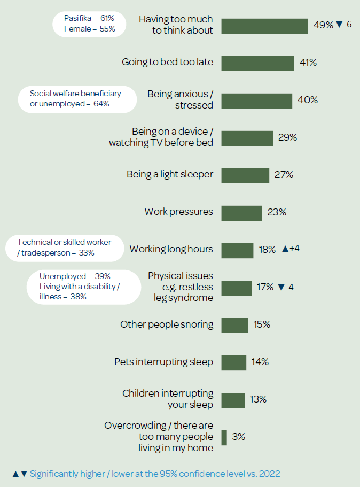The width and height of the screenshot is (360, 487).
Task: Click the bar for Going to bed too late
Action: pos(257,63)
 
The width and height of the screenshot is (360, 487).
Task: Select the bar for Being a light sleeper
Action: pos(245,175)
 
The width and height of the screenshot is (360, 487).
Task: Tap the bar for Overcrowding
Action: pos(224,437)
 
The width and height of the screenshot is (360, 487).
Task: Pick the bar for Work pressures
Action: pos(241,213)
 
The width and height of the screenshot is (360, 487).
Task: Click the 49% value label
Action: pos(323,25)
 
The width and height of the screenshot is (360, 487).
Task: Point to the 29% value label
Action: pos(287,137)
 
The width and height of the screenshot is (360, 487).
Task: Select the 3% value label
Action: pos(239,437)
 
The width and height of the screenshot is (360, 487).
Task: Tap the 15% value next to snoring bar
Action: pos(262,324)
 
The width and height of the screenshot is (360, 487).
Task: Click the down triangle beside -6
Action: pos(339,25)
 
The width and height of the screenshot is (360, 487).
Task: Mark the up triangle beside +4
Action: pos(285,249)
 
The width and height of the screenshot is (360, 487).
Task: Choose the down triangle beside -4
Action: pos(280,288)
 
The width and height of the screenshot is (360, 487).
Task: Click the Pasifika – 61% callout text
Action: pos(89,19)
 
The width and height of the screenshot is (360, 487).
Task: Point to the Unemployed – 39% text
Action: pos(75,276)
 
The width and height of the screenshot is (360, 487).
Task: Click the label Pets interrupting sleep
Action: pos(163,362)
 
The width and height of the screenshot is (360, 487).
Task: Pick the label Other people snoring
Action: pos(167,324)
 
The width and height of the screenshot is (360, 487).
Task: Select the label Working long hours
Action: pos(171,249)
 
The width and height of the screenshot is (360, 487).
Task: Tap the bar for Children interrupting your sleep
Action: pos(233,400)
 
